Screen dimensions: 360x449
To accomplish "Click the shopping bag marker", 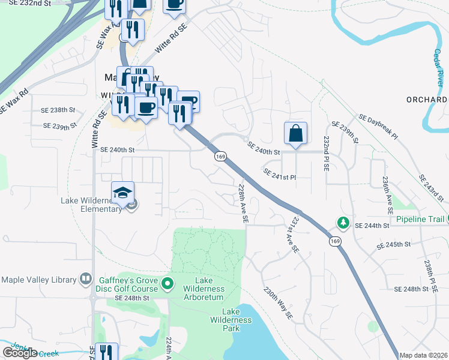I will click(296, 134).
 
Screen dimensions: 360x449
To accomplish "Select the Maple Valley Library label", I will click(40, 280).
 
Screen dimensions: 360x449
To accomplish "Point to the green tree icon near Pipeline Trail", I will click(343, 223).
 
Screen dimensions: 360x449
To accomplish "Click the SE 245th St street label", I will click(393, 246).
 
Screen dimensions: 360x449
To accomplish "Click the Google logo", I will click(20, 353).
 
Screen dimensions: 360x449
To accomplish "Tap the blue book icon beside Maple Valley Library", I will click(86, 280).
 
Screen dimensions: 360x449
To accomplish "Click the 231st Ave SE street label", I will click(292, 235).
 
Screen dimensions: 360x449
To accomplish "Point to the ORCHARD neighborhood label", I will click(427, 99).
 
